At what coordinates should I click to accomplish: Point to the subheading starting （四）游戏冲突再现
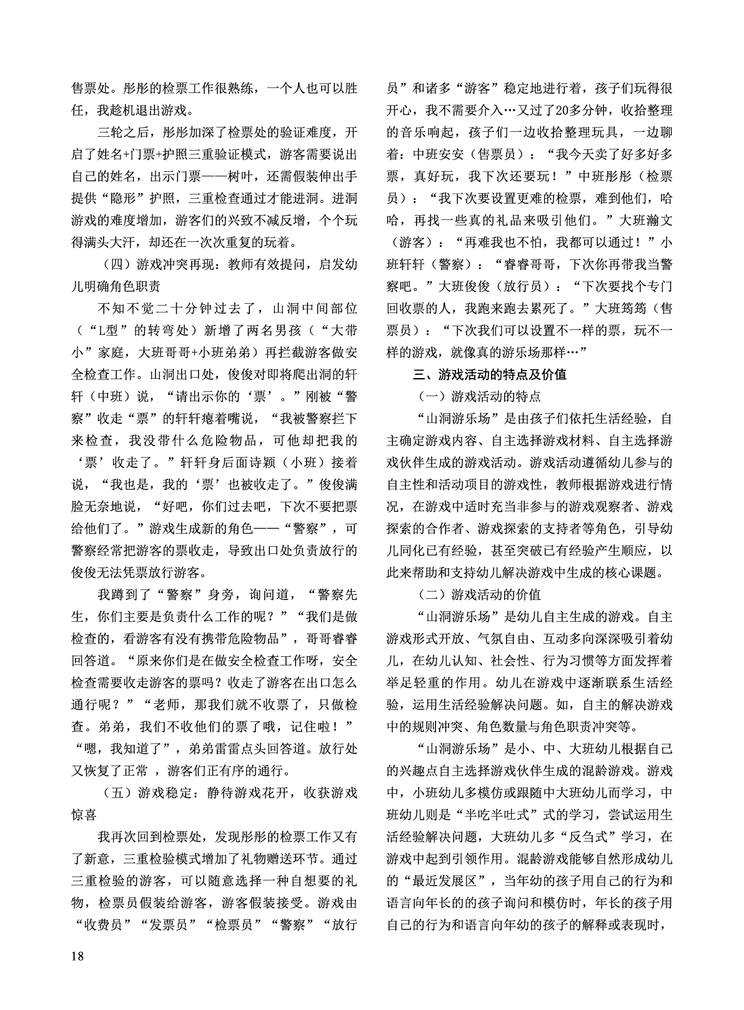click(227, 264)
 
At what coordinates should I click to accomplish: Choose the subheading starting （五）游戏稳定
click(227, 793)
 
